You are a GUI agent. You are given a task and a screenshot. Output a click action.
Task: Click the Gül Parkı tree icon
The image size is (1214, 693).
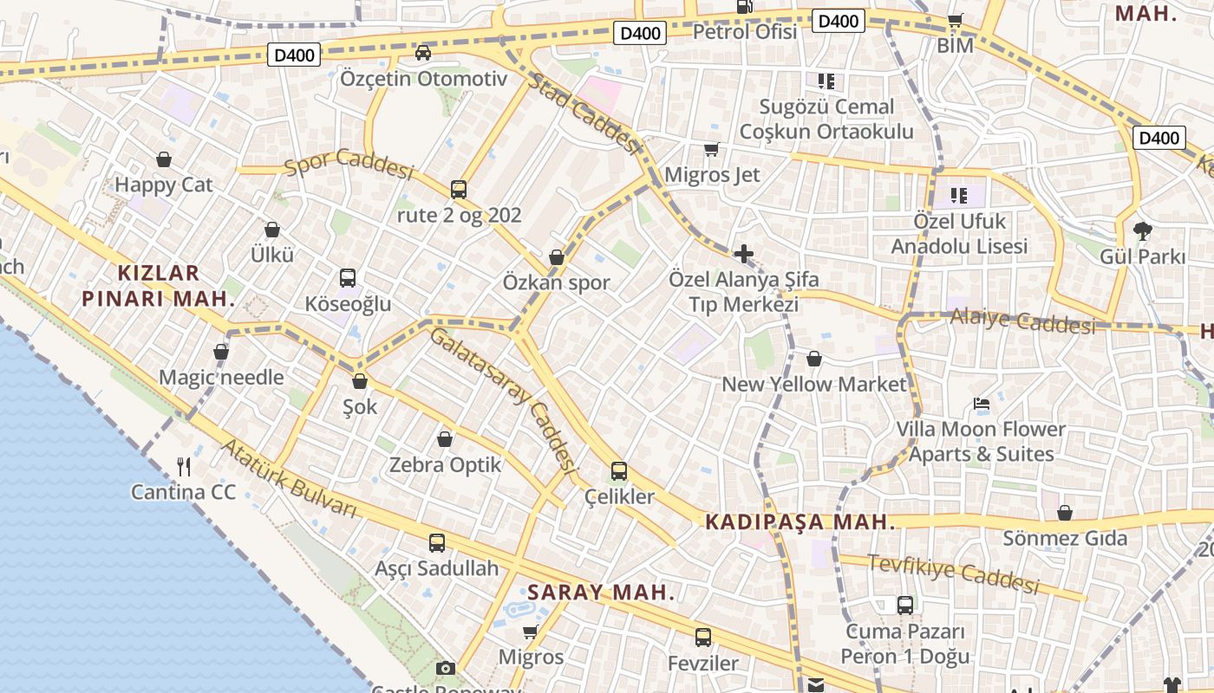pyautogui.click(x=1143, y=230)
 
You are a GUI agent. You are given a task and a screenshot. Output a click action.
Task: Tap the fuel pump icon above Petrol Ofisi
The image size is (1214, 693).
pyautogui.click(x=744, y=6)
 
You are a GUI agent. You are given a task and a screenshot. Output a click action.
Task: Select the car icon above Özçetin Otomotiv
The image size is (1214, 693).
pyautogui.click(x=423, y=53)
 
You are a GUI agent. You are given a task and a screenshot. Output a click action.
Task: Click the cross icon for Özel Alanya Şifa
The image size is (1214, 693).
pyautogui.click(x=743, y=254)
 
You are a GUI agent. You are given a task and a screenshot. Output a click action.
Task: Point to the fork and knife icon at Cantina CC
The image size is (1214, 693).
pyautogui.click(x=184, y=467)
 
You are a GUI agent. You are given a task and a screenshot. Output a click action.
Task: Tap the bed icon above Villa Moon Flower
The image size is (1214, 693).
pyautogui.click(x=982, y=404)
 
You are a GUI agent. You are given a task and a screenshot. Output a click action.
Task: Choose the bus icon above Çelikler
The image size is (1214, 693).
pyautogui.click(x=619, y=471)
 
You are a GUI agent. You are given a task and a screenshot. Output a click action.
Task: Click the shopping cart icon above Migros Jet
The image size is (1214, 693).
pyautogui.click(x=712, y=150)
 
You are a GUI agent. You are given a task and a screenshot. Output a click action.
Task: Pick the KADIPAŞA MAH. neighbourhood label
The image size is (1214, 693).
pyautogui.click(x=800, y=522)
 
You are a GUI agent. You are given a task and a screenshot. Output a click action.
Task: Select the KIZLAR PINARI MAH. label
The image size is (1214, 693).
pyautogui.click(x=158, y=286)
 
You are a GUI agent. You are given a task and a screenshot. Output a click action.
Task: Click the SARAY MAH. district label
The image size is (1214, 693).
pyautogui.click(x=601, y=593)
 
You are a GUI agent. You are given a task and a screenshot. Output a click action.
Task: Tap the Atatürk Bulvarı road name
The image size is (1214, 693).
pyautogui.click(x=289, y=479)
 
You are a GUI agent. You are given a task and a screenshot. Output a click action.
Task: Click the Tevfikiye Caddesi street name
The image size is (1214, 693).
pyautogui.click(x=953, y=573)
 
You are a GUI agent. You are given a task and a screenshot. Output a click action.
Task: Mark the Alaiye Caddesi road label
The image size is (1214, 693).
pyautogui.click(x=1022, y=321)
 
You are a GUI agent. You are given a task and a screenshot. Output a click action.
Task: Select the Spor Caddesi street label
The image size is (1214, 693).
pyautogui.click(x=349, y=164)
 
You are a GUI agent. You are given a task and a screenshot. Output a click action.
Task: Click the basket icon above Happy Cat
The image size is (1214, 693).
pyautogui.click(x=164, y=159)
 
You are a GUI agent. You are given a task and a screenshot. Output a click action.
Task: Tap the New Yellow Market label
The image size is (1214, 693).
pyautogui.click(x=813, y=384)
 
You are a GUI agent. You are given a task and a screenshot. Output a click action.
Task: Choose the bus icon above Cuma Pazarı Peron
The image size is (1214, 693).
pyautogui.click(x=905, y=605)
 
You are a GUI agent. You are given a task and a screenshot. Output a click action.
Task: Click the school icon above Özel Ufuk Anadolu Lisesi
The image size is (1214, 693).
pyautogui.click(x=958, y=196)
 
